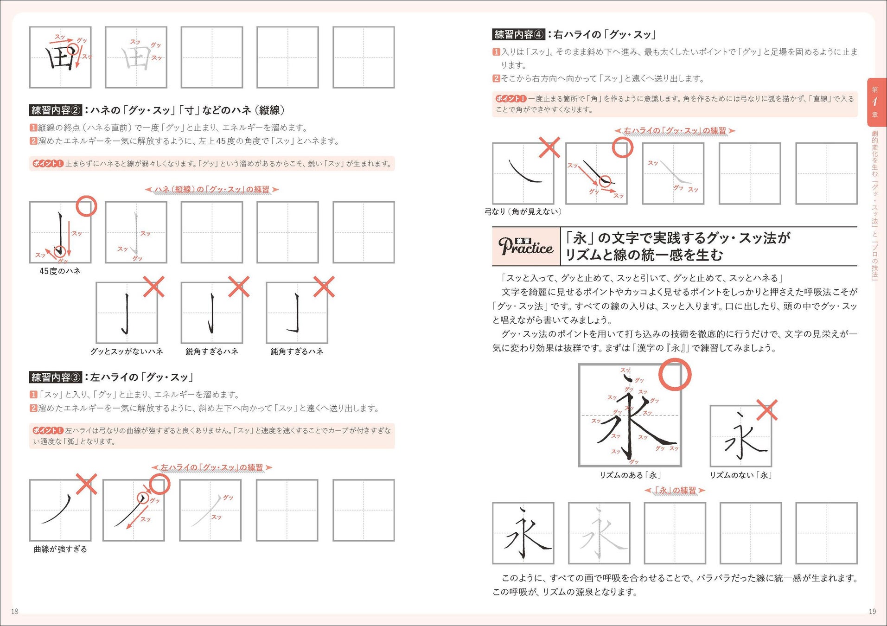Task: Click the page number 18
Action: [x=15, y=611]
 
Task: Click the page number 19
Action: [x=872, y=611]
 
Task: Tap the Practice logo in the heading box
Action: [x=526, y=246]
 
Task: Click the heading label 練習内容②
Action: [x=56, y=110]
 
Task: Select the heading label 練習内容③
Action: [x=56, y=377]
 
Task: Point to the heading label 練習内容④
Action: [x=519, y=34]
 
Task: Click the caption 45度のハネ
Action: [x=60, y=271]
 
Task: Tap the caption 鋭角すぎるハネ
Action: [x=211, y=351]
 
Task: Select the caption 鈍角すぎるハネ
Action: [x=297, y=351]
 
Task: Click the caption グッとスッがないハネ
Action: [x=127, y=351]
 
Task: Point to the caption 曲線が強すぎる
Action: [x=60, y=549]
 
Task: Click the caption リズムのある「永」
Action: [x=630, y=475]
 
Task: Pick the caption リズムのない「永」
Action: [x=740, y=475]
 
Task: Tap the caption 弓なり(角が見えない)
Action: [x=523, y=211]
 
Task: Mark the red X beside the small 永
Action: [x=766, y=410]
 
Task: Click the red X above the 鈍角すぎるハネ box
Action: [x=324, y=287]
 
